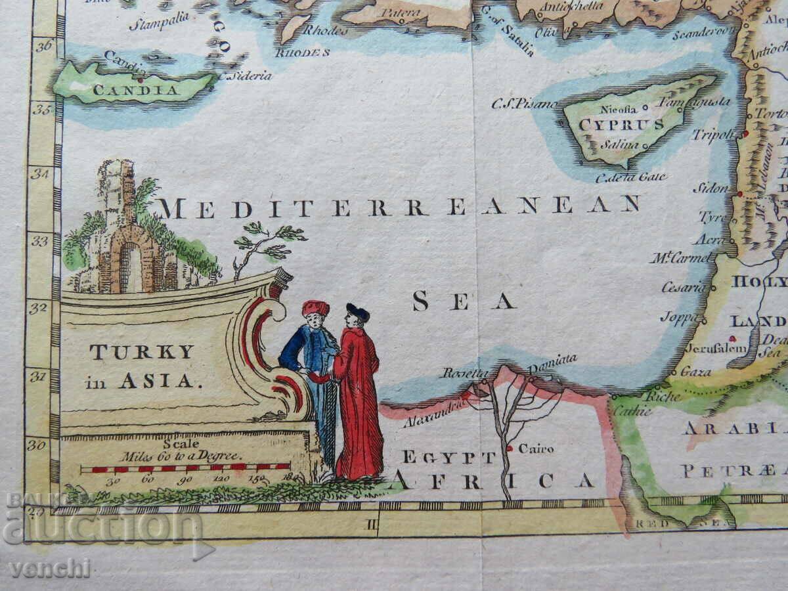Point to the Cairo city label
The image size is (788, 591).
coord(536,449)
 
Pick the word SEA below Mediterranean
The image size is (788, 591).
coord(463,301)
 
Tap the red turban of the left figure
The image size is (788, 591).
coord(315,307)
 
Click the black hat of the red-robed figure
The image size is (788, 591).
coord(358,311)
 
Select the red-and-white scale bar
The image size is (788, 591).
coord(185,469)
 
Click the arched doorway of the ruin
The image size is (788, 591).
coord(131,267)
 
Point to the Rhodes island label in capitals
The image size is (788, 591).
coord(302,53)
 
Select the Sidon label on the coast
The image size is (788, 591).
coord(711,188)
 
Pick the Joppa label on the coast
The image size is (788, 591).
coord(680,318)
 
